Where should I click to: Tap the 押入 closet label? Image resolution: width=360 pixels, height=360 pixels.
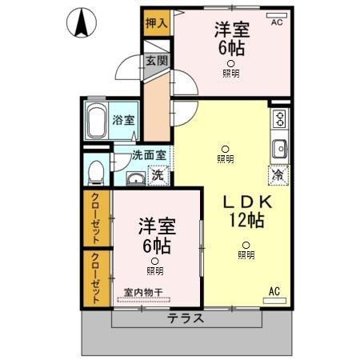pos(156,22)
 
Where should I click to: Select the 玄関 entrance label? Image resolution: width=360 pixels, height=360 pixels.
pos(156,60)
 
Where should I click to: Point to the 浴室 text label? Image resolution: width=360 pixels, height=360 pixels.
pos(124,121)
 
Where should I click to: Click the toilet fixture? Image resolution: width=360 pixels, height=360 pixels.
pos(96,171)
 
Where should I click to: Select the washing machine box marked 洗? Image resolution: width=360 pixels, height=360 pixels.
pos(158,175)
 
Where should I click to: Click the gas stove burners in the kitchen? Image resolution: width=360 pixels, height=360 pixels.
pos(279,119)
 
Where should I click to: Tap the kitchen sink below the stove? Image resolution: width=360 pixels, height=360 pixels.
pos(279,149)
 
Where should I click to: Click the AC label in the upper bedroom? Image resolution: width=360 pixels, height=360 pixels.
pos(276,22)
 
